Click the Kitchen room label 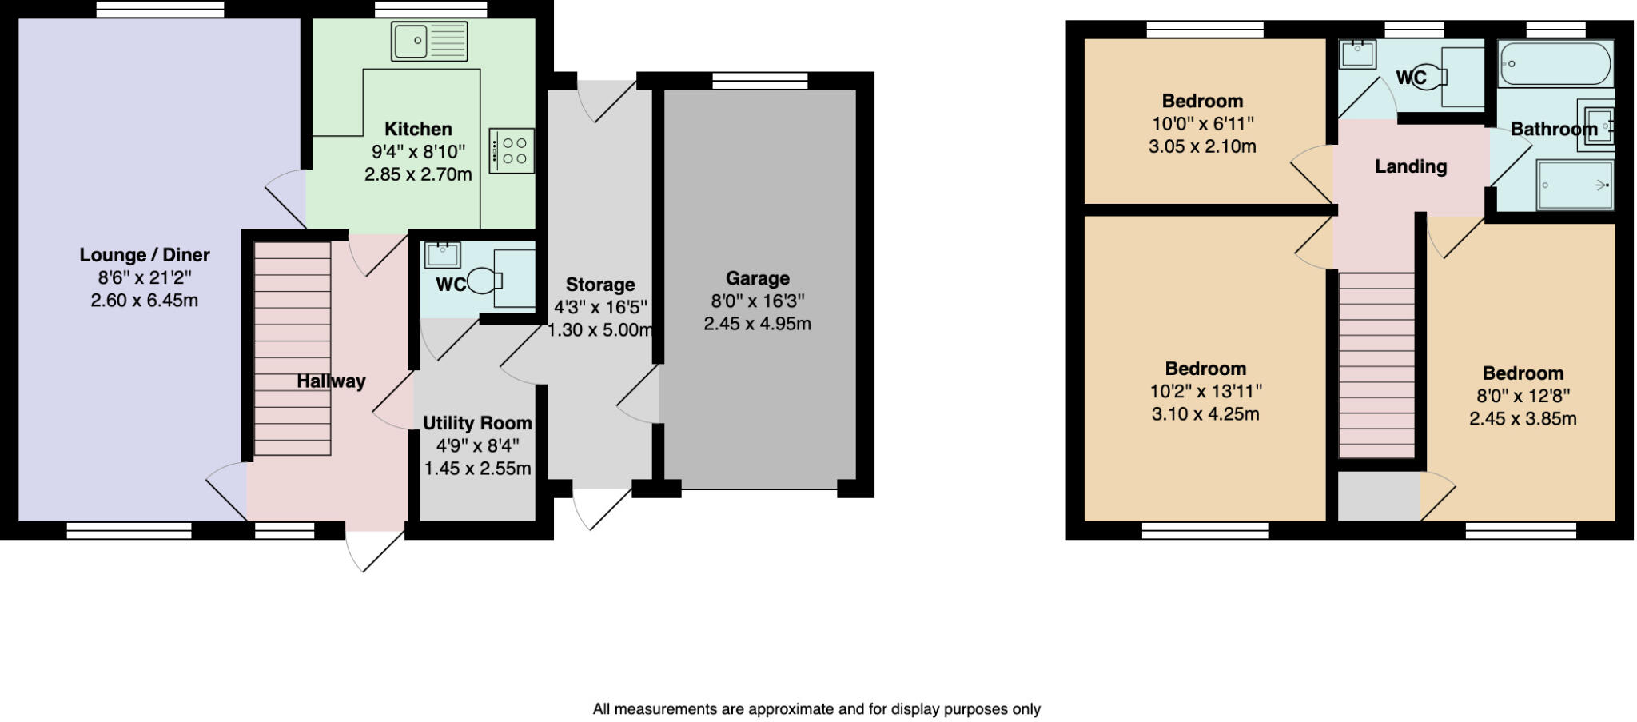pyautogui.click(x=418, y=129)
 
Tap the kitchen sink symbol pyautogui.click(x=428, y=42)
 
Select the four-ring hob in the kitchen pyautogui.click(x=512, y=151)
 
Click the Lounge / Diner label pyautogui.click(x=145, y=255)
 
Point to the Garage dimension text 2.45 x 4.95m pyautogui.click(x=757, y=324)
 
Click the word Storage pyautogui.click(x=599, y=285)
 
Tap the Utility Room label pyautogui.click(x=477, y=423)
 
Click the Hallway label pyautogui.click(x=331, y=381)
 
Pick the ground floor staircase pyautogui.click(x=293, y=349)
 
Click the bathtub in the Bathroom pyautogui.click(x=1555, y=64)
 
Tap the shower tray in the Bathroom pyautogui.click(x=1575, y=185)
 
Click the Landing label pyautogui.click(x=1411, y=166)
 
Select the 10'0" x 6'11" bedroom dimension pyautogui.click(x=1202, y=124)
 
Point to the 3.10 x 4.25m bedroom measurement pyautogui.click(x=1205, y=414)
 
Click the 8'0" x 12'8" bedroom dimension pyautogui.click(x=1523, y=396)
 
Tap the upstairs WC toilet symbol pyautogui.click(x=1431, y=78)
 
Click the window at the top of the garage pyautogui.click(x=759, y=80)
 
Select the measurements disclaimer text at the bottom pyautogui.click(x=816, y=709)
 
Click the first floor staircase pyautogui.click(x=1376, y=364)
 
